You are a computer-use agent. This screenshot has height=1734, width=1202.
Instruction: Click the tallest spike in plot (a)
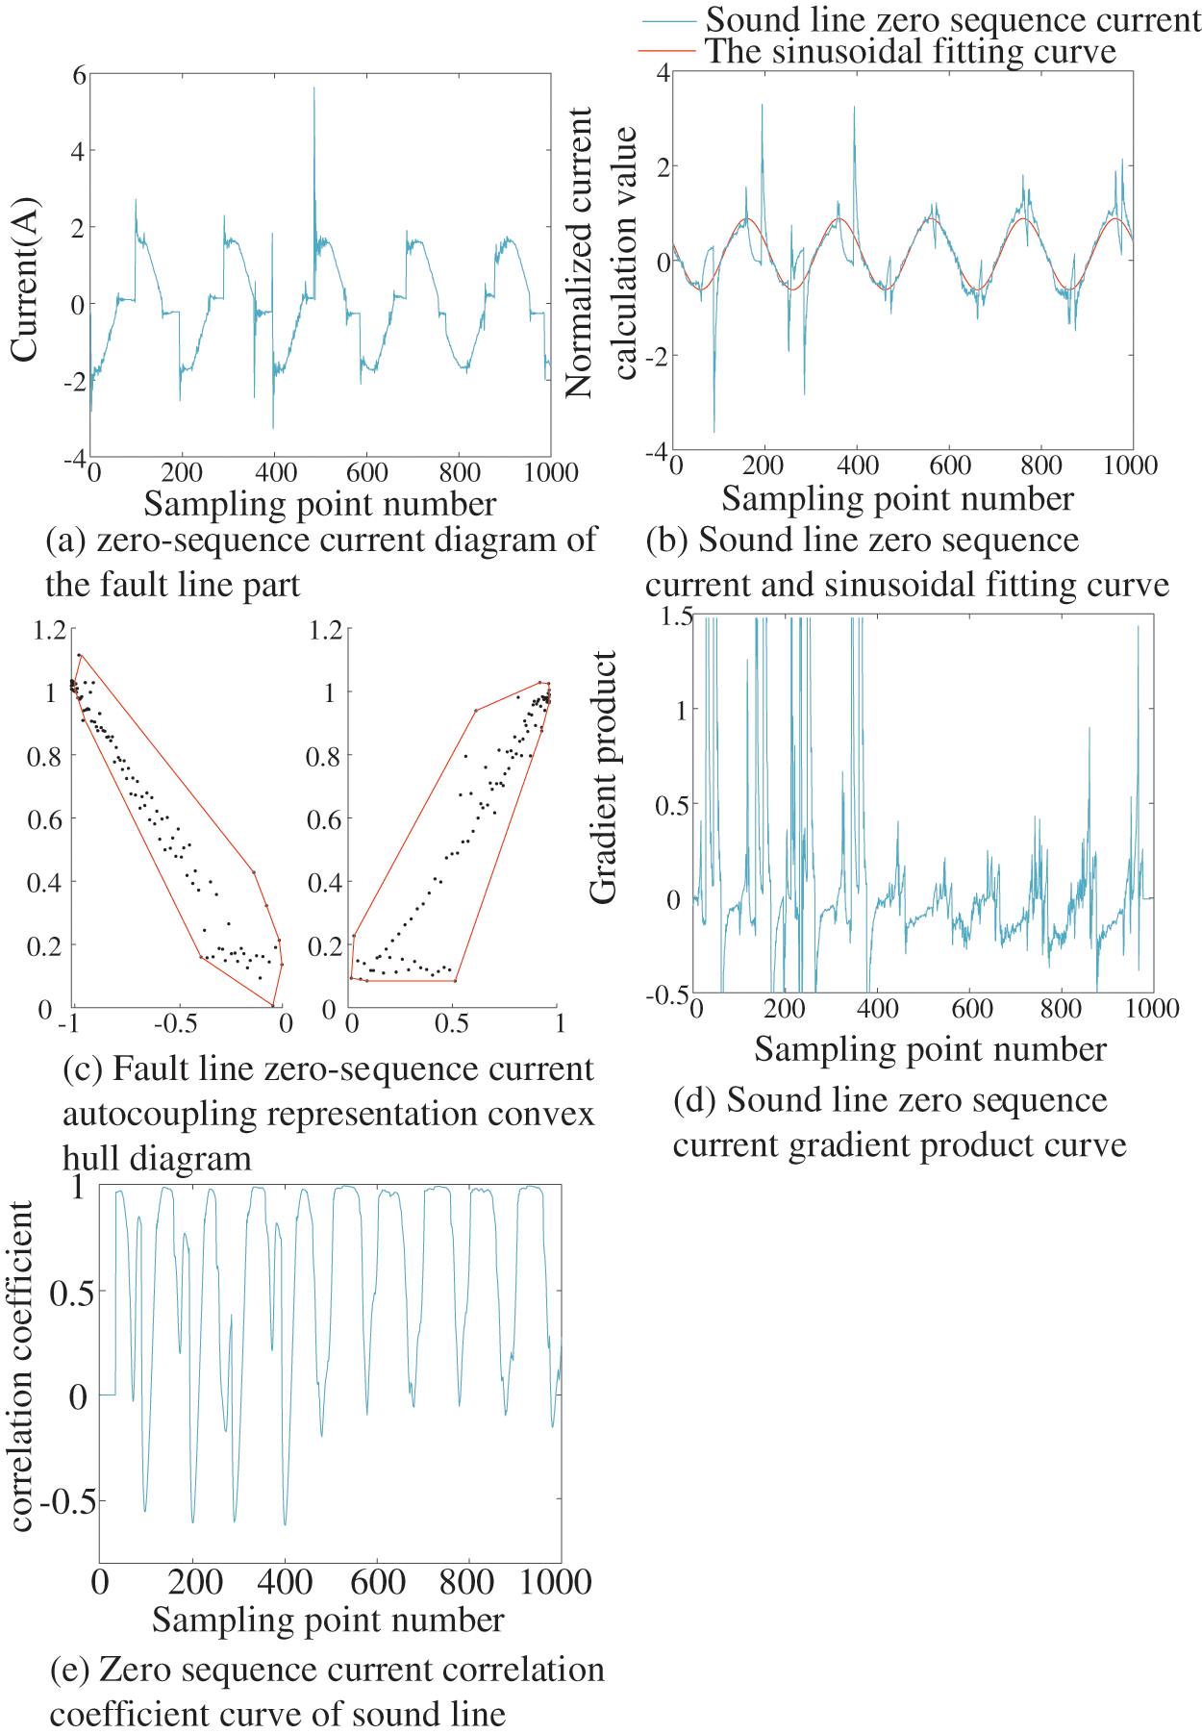[313, 89]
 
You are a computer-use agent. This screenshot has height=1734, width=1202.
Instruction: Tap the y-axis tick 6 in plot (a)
[79, 74]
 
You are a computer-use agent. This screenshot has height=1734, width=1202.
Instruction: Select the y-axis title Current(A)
[24, 280]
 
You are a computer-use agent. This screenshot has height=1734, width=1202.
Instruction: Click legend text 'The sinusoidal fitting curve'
[911, 52]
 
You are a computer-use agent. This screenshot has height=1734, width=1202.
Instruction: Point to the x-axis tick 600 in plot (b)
[950, 466]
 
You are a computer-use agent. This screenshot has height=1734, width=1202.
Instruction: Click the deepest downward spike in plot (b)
[714, 431]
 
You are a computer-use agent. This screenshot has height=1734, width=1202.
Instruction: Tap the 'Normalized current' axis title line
[579, 252]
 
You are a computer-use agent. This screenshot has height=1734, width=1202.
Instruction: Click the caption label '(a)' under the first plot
[66, 540]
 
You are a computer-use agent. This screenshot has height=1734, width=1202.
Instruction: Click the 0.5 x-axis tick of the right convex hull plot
[452, 1023]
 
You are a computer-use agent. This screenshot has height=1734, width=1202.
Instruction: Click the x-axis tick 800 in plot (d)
[1061, 1009]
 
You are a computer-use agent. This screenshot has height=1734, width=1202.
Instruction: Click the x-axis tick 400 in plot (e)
[286, 1582]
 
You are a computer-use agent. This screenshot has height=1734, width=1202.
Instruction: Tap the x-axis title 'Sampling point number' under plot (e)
[328, 1621]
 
